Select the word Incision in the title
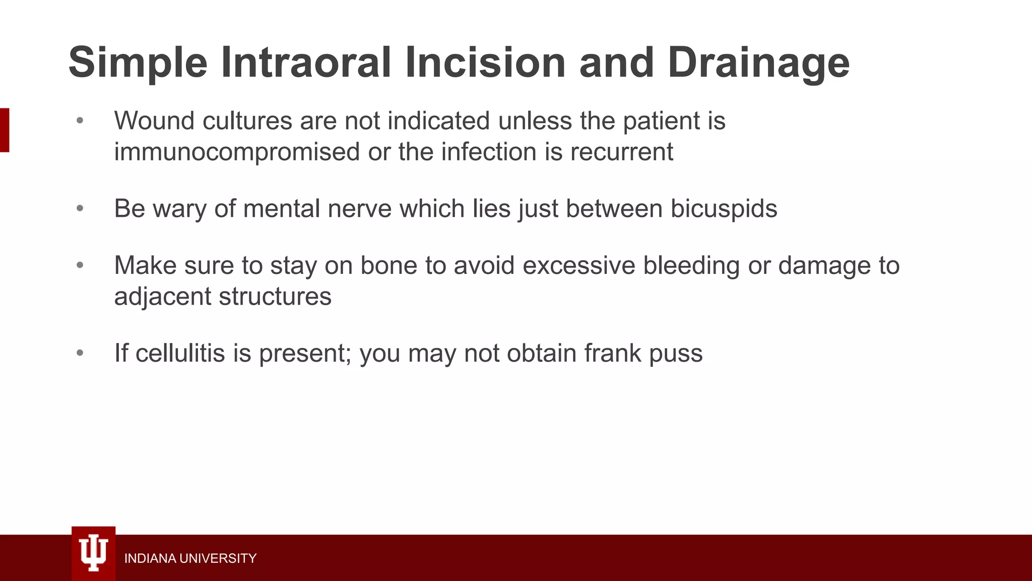click(x=485, y=63)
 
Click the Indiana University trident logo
click(x=94, y=553)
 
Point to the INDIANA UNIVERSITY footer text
click(x=190, y=558)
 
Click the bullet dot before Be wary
click(x=80, y=208)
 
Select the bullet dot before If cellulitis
click(x=80, y=353)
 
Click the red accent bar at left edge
click(x=5, y=130)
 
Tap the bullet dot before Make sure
click(x=80, y=265)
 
